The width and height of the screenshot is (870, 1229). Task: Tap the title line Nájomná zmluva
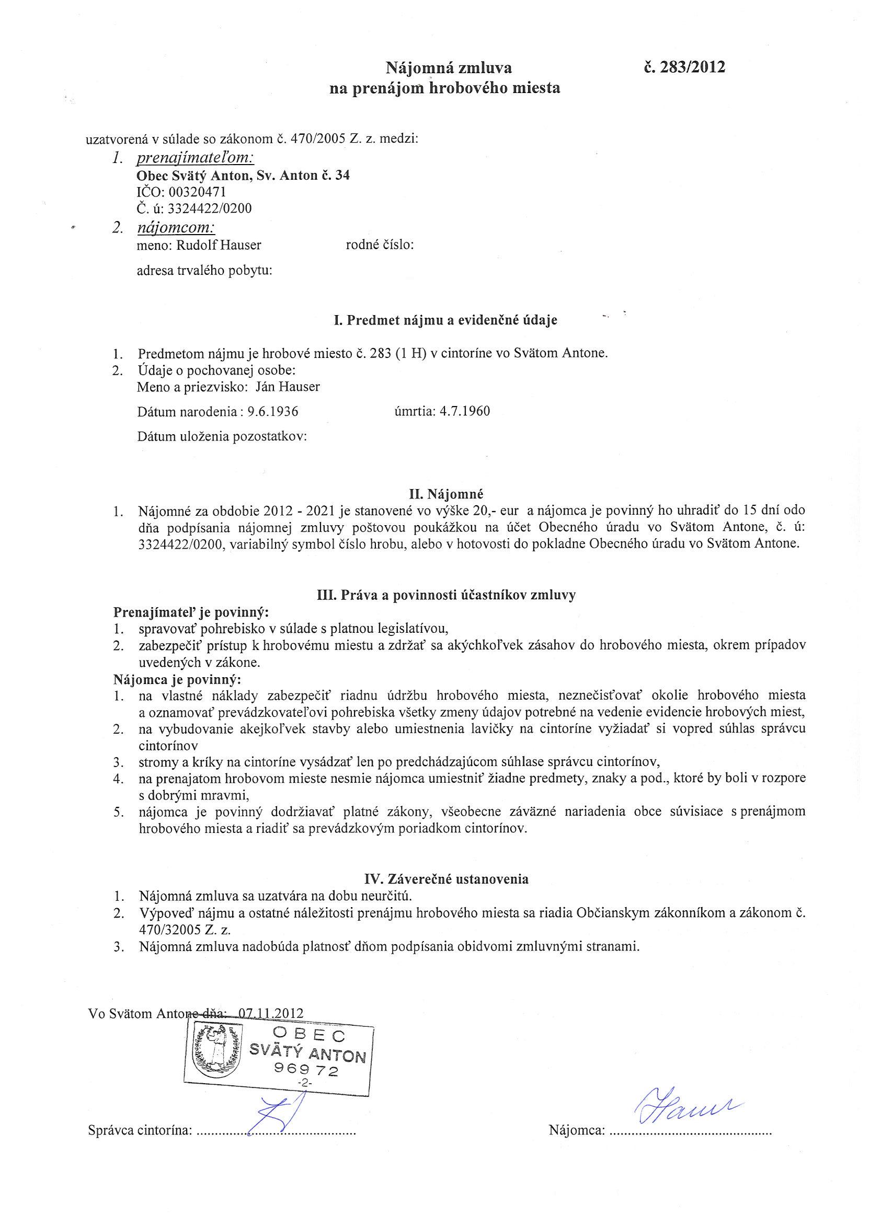tap(449, 68)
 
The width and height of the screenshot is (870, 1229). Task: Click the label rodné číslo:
tap(380, 245)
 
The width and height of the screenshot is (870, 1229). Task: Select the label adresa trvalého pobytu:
tap(204, 271)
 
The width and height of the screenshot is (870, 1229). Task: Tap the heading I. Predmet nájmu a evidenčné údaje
tap(445, 320)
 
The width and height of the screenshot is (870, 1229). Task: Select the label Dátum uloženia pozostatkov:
tap(222, 437)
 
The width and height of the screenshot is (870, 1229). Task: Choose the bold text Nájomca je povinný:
tap(177, 680)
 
